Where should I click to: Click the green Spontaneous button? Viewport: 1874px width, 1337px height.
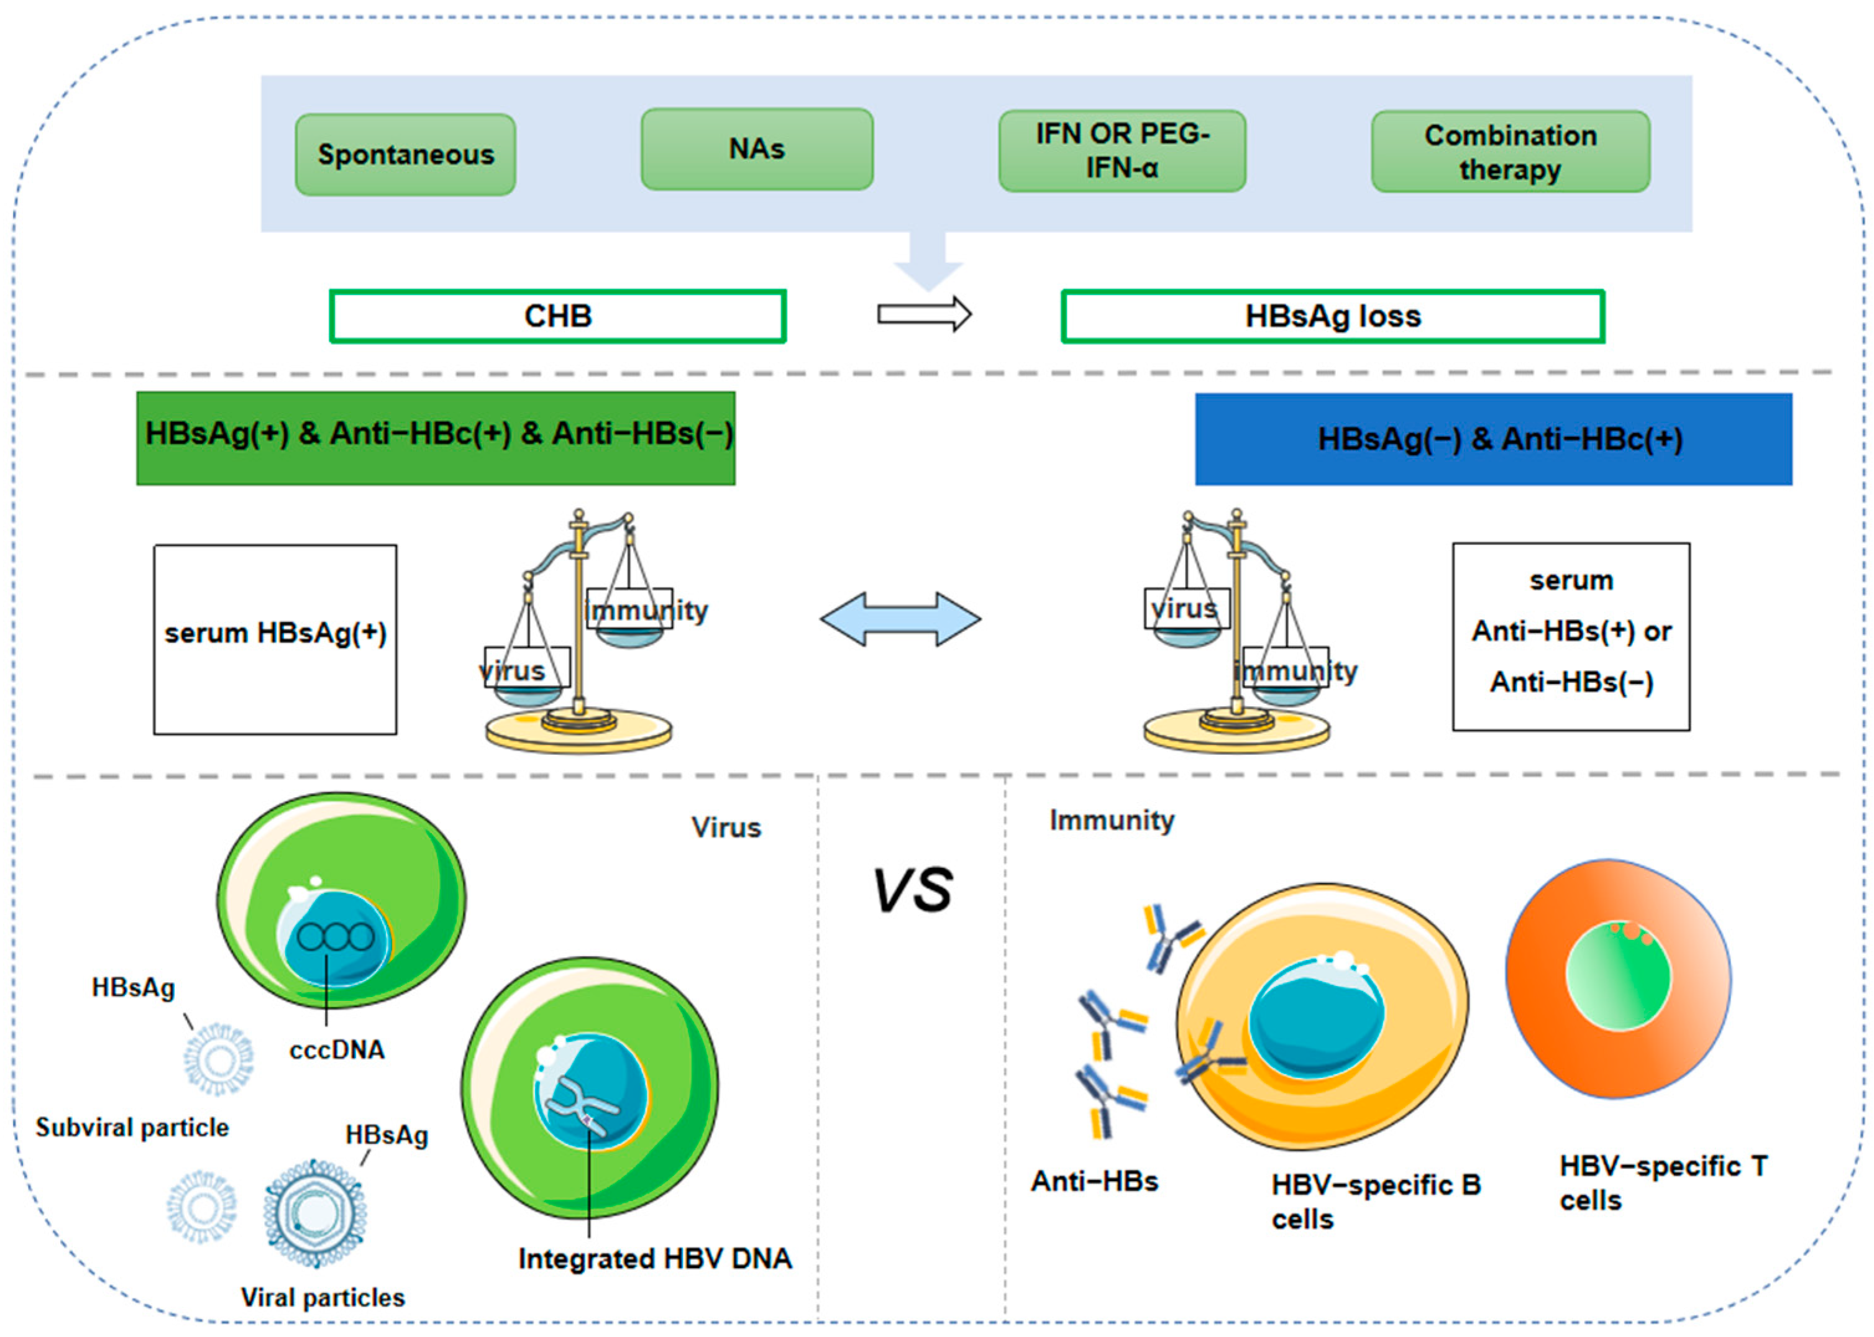[x=405, y=155]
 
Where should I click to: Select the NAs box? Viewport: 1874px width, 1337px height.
[x=757, y=149]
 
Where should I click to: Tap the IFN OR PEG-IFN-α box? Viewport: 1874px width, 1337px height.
[x=1122, y=150]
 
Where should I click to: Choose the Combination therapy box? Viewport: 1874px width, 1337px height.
[x=1510, y=152]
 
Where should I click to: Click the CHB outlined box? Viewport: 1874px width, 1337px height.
[x=557, y=316]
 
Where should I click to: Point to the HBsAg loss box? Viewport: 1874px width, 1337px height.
[x=1332, y=316]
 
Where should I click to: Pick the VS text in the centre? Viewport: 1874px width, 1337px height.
[x=912, y=891]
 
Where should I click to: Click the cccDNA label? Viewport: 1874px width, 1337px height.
[x=337, y=1050]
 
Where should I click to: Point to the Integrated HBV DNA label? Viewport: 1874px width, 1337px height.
[x=654, y=1259]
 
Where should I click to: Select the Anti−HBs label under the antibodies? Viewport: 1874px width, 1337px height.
[x=1094, y=1182]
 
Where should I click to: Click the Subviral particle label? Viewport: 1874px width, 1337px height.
[x=132, y=1127]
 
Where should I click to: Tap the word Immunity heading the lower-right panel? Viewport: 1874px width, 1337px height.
[x=1112, y=820]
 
